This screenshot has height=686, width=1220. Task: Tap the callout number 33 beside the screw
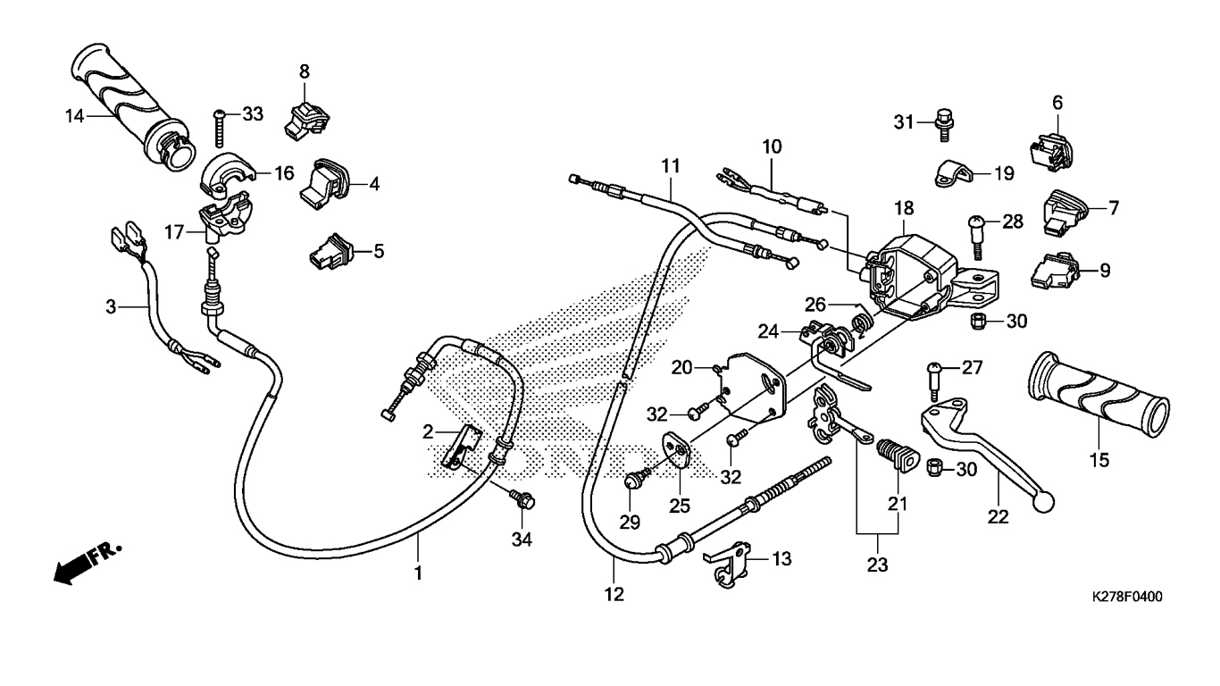pyautogui.click(x=253, y=113)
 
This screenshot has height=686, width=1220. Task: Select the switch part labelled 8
pyautogui.click(x=304, y=117)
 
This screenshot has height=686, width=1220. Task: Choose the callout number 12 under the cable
pyautogui.click(x=614, y=594)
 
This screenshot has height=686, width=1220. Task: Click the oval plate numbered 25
pyautogui.click(x=680, y=453)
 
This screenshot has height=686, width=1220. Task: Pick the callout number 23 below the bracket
pyautogui.click(x=877, y=565)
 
